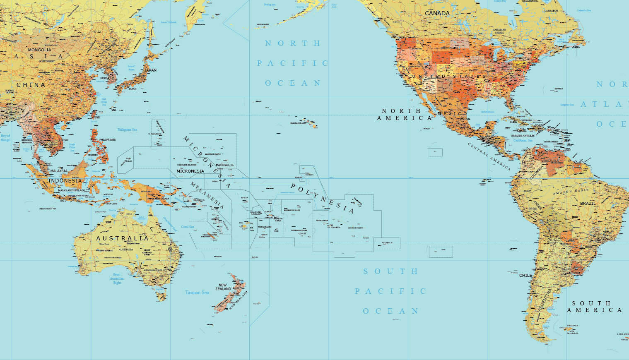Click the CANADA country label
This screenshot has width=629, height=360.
(437, 13)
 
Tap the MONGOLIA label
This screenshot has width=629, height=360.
(39, 50)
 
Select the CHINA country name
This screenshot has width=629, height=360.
(31, 85)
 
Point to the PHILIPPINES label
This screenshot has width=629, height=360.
(107, 140)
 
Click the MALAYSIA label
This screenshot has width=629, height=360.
(59, 171)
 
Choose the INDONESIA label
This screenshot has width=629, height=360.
(65, 181)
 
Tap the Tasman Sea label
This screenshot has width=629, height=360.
(197, 293)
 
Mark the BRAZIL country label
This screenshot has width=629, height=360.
(588, 204)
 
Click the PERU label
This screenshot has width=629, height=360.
(533, 209)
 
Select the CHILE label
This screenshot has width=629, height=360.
(525, 275)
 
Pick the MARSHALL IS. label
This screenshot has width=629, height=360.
(225, 165)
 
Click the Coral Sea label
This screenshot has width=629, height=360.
(188, 227)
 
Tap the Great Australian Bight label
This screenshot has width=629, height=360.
(117, 278)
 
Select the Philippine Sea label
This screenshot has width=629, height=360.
(127, 130)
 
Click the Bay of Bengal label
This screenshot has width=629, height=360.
(5, 138)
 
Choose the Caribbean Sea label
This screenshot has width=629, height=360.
(523, 141)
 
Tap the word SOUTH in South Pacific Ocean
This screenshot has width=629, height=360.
(391, 271)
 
